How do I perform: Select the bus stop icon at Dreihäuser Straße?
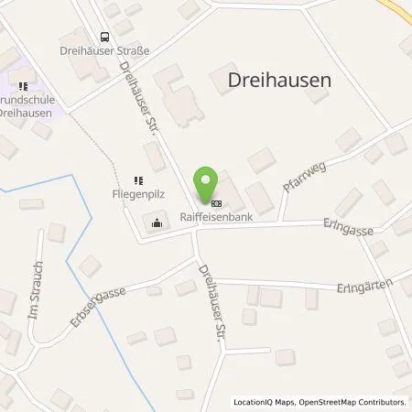(103, 38)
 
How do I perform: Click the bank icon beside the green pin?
(216, 203)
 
